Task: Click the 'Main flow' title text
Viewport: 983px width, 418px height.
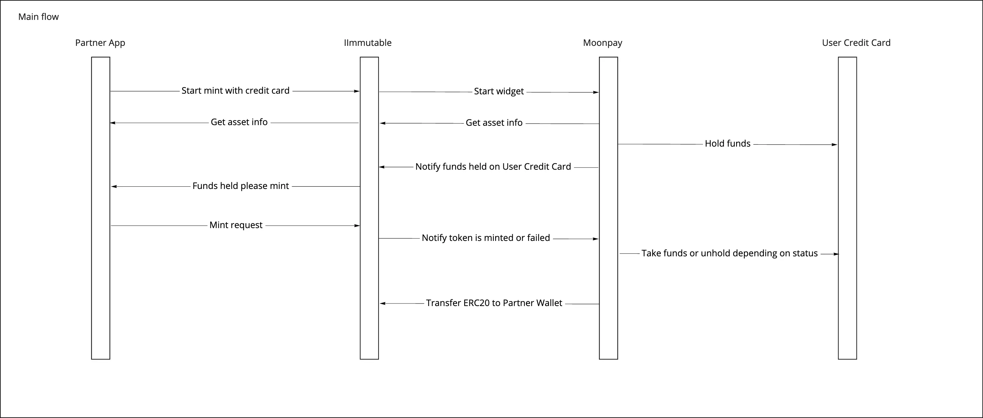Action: (x=38, y=17)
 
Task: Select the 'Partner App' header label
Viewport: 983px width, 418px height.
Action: (x=100, y=43)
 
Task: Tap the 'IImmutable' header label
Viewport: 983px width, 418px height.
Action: (x=367, y=43)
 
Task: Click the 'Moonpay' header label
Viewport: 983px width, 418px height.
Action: (x=602, y=43)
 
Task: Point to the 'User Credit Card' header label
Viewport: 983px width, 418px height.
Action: (x=856, y=43)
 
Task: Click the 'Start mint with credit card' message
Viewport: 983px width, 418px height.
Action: (x=235, y=90)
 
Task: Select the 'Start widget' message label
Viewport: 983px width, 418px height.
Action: (x=499, y=91)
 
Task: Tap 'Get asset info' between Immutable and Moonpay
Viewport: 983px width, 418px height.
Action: (x=494, y=123)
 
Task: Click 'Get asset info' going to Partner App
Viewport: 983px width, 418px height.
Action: (x=239, y=122)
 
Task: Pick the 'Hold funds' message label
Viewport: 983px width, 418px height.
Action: (x=727, y=144)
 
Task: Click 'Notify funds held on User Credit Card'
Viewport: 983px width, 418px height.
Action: (x=493, y=166)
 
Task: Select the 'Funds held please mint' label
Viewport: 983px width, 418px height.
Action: (x=241, y=186)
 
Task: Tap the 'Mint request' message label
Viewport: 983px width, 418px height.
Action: (x=236, y=225)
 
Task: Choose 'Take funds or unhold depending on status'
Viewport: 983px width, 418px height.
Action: (x=729, y=253)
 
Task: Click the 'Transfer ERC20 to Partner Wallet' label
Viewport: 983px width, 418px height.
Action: (x=494, y=303)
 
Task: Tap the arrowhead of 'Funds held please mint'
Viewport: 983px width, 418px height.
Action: (x=114, y=186)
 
